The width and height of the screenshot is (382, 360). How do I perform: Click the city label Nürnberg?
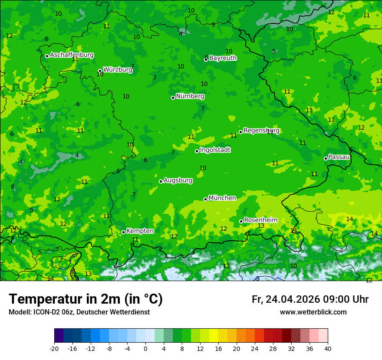coord(190,96)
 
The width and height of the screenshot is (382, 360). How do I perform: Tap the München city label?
coord(222,198)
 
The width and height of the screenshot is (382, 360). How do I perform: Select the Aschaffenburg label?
coord(72,55)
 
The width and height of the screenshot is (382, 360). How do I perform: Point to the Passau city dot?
coord(326,158)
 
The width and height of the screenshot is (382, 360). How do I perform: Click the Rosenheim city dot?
coord(241,221)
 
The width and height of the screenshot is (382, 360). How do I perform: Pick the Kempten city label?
coord(140,231)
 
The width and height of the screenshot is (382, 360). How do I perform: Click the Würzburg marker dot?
coord(100,71)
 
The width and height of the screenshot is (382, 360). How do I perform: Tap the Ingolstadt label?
coord(215,150)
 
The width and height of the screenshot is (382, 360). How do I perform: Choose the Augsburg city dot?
coord(161,181)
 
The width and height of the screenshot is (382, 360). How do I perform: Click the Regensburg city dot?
coord(240,132)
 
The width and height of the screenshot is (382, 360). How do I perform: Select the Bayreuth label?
coord(223,58)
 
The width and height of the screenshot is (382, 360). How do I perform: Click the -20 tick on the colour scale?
coord(54,348)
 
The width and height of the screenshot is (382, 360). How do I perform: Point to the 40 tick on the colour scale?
coord(328,348)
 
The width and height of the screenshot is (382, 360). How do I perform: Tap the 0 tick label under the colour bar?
coord(145,348)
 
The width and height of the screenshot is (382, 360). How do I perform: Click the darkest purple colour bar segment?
coord(59,336)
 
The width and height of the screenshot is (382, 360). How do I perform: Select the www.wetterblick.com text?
coord(313,312)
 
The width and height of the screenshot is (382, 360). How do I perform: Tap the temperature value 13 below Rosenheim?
coord(261,226)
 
